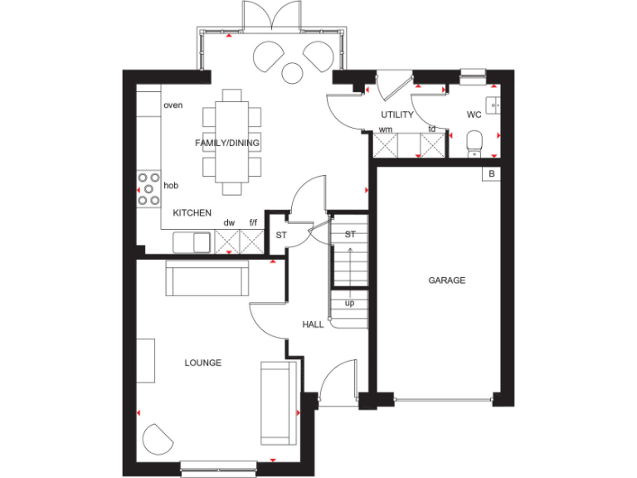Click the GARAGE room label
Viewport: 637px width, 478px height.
click(x=446, y=280)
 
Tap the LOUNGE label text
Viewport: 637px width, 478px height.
click(x=202, y=363)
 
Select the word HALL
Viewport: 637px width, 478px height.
click(x=313, y=324)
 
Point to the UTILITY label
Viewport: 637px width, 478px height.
click(x=396, y=115)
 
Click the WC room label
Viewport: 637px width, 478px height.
click(x=474, y=115)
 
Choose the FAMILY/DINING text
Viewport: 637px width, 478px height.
click(x=226, y=143)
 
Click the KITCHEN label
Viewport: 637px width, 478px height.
click(x=192, y=213)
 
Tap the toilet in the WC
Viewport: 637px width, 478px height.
click(x=474, y=142)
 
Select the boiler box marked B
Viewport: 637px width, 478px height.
click(x=491, y=173)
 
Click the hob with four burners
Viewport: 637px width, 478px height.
click(x=149, y=188)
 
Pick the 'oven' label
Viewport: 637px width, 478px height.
click(x=173, y=105)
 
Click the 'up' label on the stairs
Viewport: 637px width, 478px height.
click(x=349, y=303)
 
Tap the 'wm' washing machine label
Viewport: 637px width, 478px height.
click(x=386, y=129)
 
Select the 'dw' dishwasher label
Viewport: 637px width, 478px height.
click(x=229, y=223)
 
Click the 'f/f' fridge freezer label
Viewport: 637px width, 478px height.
click(x=254, y=223)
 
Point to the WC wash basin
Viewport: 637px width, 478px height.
click(x=494, y=105)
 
